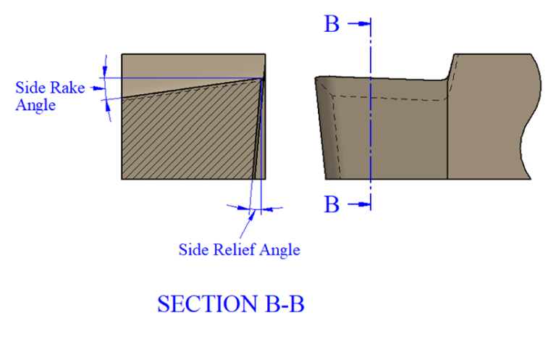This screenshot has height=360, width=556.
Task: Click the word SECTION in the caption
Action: [x=208, y=304]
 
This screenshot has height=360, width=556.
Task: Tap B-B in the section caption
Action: [x=285, y=304]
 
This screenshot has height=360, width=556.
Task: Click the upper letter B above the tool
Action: [x=332, y=24]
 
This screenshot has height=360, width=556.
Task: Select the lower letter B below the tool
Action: [x=332, y=204]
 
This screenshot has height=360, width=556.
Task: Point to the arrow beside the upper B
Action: [x=359, y=24]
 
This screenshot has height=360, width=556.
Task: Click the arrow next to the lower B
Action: [x=359, y=204]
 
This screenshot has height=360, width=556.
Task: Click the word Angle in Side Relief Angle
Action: [x=279, y=251]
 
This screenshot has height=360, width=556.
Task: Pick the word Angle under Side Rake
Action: [x=35, y=105]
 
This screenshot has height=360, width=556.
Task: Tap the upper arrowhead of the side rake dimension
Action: [x=104, y=70]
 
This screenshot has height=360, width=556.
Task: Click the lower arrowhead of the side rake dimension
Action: [x=108, y=106]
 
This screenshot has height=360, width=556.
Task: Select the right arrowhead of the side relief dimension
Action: [x=267, y=209]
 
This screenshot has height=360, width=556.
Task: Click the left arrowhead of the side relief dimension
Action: [x=243, y=208]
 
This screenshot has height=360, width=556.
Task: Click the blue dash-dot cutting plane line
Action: [x=371, y=114]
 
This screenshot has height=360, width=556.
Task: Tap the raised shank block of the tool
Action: [x=493, y=117]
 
